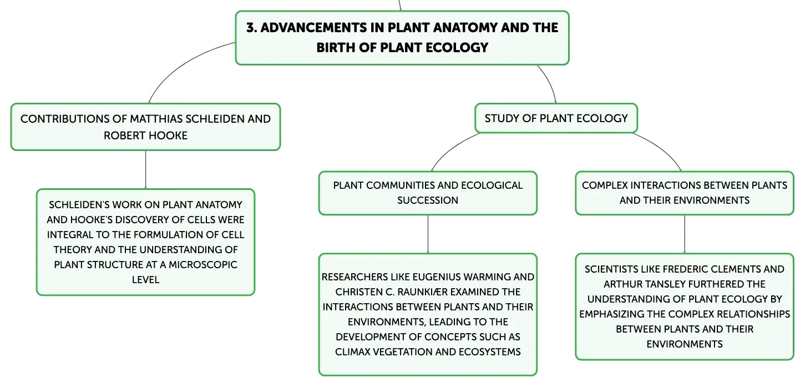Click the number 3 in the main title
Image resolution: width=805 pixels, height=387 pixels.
(x=250, y=28)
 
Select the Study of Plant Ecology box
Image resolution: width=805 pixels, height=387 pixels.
(x=556, y=118)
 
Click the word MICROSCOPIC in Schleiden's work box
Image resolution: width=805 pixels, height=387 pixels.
(x=203, y=265)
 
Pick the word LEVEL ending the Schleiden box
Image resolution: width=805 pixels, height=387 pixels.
(x=145, y=280)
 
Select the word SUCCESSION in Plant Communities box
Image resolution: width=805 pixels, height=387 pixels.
(x=428, y=200)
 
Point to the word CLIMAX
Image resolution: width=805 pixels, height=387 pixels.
(x=352, y=352)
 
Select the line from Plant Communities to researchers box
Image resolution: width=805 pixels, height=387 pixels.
(x=428, y=234)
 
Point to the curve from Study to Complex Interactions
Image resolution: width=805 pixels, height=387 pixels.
(x=661, y=148)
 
